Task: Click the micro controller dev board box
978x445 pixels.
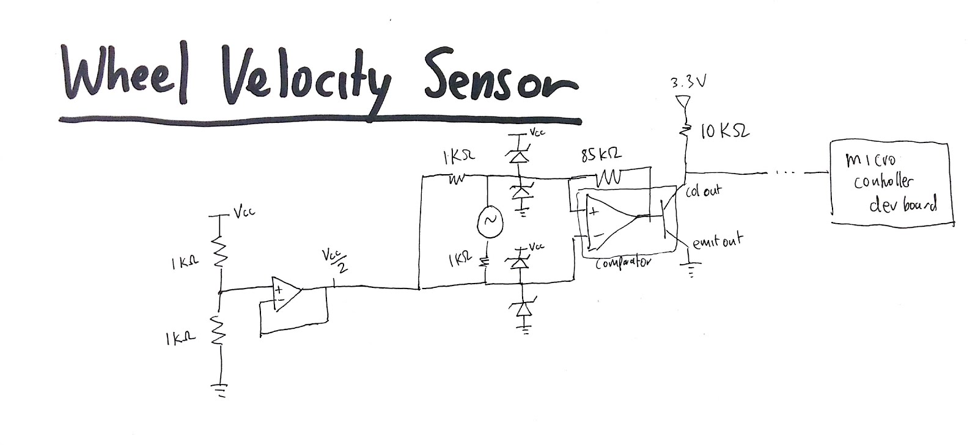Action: pos(889,183)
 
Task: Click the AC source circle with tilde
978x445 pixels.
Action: pos(489,224)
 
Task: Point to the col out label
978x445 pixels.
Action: pos(703,191)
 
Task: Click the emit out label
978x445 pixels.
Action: pos(716,241)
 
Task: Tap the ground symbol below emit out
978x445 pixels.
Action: pos(691,269)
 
